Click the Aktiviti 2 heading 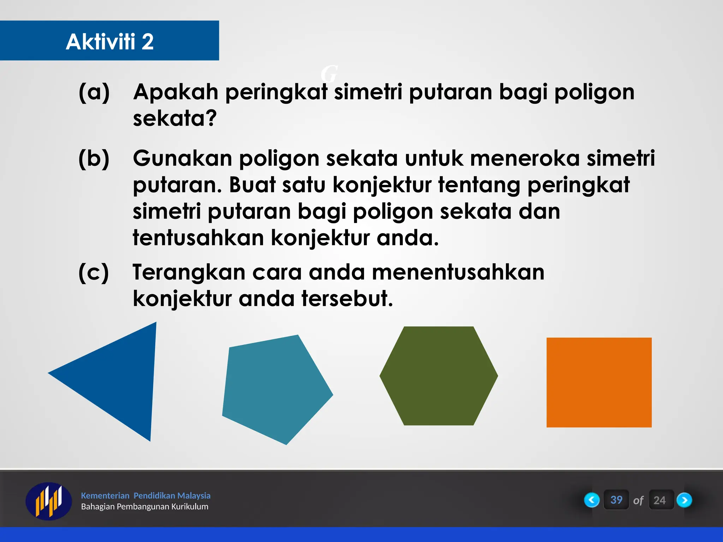coord(109,41)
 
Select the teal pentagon coord(275,388)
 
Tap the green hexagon coord(438,376)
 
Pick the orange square coord(599,382)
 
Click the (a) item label coord(94,92)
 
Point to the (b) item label coord(94,159)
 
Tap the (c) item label coord(94,273)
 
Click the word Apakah coord(175,92)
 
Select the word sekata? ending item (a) coord(174,119)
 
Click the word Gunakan coord(182,158)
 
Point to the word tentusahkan coord(198,238)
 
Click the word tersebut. coord(347,299)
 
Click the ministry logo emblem coord(48,501)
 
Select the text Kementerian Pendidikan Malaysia coord(145,495)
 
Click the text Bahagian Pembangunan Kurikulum coord(144,507)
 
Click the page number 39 coord(616,500)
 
